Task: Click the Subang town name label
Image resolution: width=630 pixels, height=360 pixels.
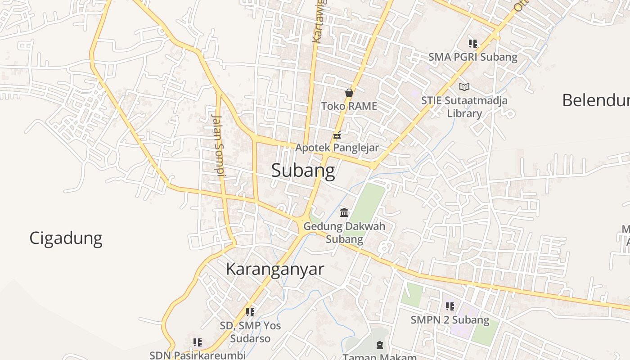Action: (303, 171)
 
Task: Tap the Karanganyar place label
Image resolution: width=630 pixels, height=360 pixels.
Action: (274, 269)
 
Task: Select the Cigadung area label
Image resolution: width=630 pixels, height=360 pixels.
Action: (66, 238)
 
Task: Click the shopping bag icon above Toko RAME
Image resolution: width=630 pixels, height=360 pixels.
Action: (349, 93)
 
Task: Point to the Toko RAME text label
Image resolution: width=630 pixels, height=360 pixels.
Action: (349, 106)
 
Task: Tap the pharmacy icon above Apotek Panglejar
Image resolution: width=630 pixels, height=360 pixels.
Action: (337, 135)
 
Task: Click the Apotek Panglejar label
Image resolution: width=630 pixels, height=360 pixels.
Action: (337, 148)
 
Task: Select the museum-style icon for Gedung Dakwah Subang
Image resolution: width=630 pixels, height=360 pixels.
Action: (344, 212)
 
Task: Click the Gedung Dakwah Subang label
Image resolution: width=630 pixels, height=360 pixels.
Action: (344, 232)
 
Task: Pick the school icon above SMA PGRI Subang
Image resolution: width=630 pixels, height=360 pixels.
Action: (472, 44)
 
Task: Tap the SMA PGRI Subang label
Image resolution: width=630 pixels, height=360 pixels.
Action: (472, 57)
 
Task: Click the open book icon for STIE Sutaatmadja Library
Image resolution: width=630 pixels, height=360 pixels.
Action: (464, 87)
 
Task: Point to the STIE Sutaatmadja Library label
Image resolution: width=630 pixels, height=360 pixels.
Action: (464, 107)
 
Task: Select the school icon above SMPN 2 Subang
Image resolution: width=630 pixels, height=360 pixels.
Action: (450, 306)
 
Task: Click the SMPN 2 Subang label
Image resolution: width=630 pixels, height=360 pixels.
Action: (450, 320)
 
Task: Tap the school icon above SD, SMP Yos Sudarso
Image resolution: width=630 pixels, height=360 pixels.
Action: (250, 312)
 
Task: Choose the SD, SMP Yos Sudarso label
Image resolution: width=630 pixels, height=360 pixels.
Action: (250, 332)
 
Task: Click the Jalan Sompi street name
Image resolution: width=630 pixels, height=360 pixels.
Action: (218, 144)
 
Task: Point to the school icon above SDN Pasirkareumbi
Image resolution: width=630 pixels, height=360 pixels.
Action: (197, 342)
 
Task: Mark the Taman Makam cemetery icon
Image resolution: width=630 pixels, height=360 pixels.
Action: (380, 345)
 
